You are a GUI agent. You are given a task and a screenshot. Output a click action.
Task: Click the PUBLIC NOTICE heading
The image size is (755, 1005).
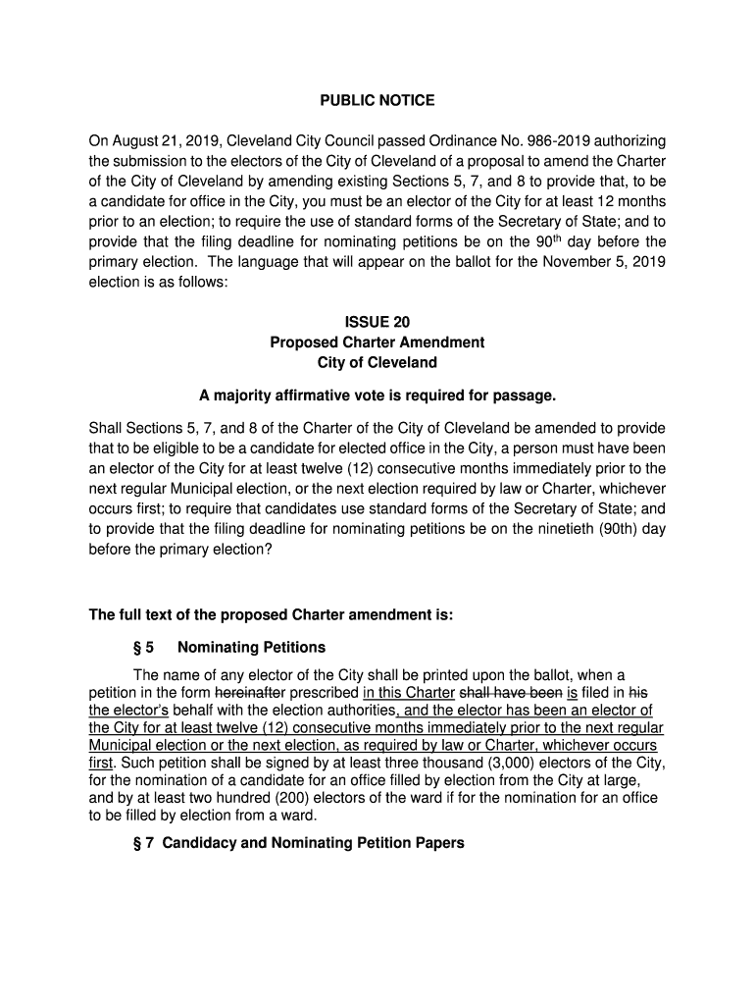tap(377, 101)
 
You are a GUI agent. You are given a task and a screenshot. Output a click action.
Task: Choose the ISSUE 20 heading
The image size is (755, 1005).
tap(377, 322)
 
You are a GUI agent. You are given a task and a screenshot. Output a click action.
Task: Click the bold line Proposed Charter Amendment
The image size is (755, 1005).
tap(377, 343)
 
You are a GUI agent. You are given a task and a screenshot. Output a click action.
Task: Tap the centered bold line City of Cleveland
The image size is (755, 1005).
tap(377, 363)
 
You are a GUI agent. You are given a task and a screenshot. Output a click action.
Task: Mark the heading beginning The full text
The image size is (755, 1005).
tap(272, 615)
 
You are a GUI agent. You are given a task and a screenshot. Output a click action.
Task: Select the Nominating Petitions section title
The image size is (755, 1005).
tap(251, 648)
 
